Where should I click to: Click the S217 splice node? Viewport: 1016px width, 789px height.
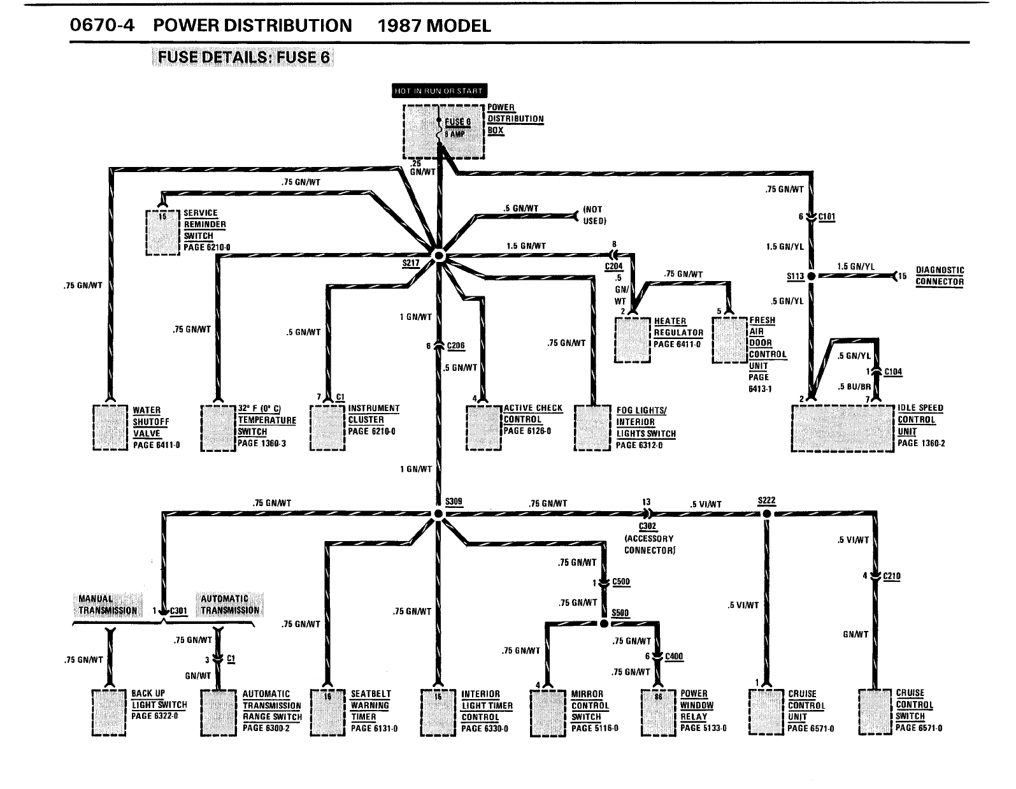[438, 256]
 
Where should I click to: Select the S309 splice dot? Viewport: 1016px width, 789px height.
[438, 514]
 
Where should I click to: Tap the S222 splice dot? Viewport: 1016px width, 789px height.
[767, 514]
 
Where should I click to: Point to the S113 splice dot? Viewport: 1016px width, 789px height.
[812, 276]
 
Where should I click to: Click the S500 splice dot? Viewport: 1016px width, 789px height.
[604, 623]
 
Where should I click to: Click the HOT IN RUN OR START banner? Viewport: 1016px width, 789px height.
[439, 91]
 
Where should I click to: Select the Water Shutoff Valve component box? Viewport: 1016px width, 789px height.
[110, 427]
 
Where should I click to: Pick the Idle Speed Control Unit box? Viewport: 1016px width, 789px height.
[841, 428]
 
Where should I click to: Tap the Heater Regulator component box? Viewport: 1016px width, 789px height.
[633, 340]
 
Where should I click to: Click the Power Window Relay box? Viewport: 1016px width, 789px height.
[658, 713]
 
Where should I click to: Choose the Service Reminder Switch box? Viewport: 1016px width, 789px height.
[163, 233]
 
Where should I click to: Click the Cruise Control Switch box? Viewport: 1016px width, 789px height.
[876, 712]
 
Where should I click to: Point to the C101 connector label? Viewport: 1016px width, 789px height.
[826, 217]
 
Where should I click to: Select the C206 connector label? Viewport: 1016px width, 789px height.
[456, 346]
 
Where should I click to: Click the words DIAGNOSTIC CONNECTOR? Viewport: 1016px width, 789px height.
[940, 276]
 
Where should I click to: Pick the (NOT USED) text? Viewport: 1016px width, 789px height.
[594, 215]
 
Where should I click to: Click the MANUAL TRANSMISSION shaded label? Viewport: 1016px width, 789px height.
[107, 605]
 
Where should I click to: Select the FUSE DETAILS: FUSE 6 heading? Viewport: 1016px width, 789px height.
[244, 57]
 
